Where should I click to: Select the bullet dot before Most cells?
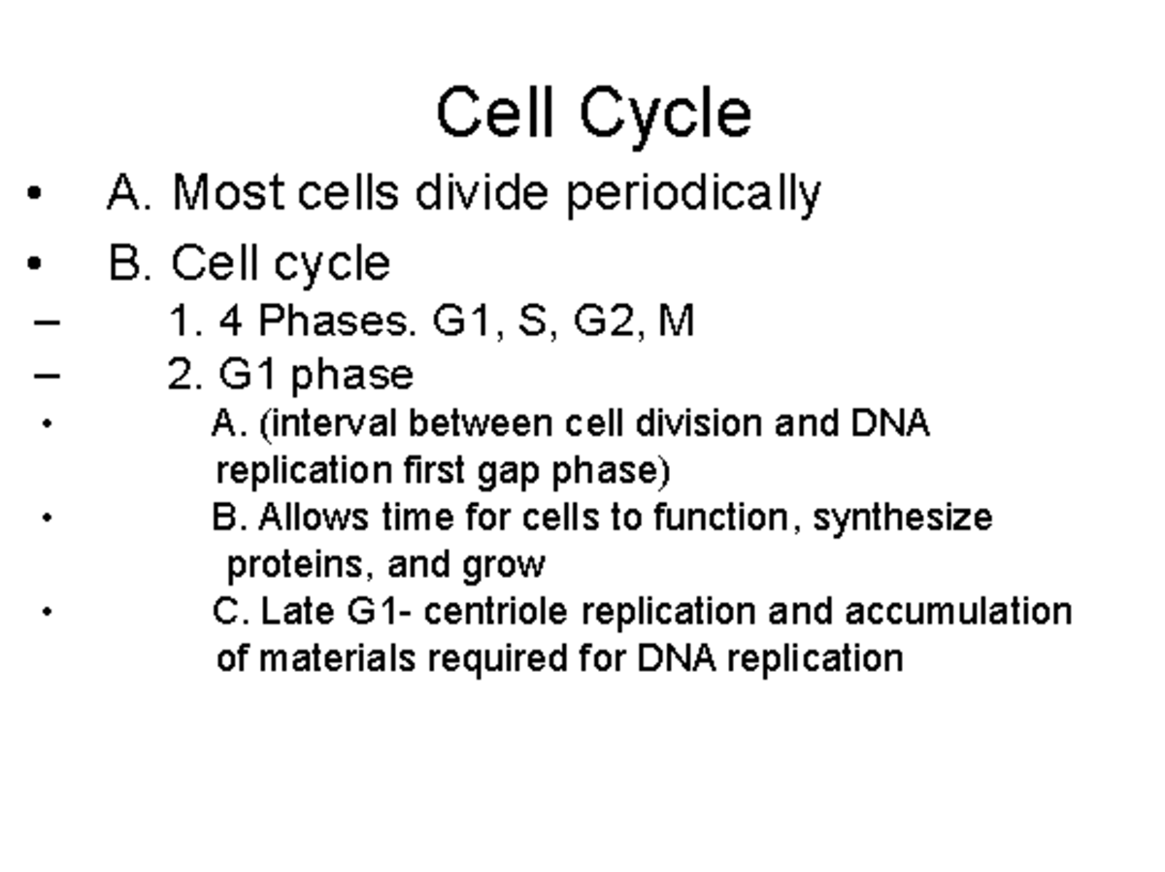pyautogui.click(x=35, y=192)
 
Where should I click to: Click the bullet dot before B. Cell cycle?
pyautogui.click(x=35, y=263)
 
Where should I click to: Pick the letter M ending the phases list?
pyautogui.click(x=676, y=320)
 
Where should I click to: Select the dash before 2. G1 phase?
pyautogui.click(x=46, y=375)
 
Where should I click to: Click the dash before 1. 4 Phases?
pyautogui.click(x=46, y=321)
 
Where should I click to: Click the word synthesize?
pyautogui.click(x=902, y=518)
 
